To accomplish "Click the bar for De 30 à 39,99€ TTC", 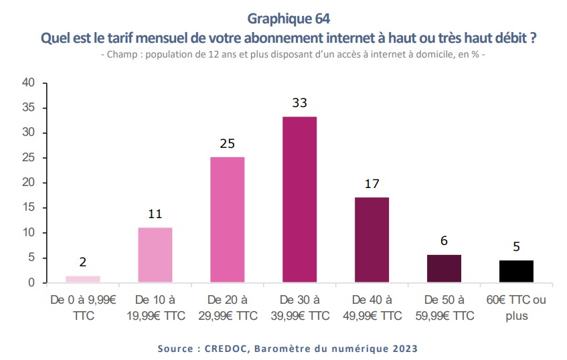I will click(299, 199).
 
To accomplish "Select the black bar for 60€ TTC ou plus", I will click(516, 271).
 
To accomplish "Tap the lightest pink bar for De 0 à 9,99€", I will click(83, 279).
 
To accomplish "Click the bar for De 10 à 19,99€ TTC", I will click(155, 255).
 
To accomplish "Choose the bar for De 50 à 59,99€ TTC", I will click(444, 268).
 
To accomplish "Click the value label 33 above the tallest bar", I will click(299, 103).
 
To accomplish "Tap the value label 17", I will click(372, 183).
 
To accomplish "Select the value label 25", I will click(227, 143).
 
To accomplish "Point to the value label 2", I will click(83, 262).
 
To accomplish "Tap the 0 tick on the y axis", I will click(31, 283).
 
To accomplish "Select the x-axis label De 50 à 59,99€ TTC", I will click(444, 307).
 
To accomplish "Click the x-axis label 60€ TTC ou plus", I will click(516, 307).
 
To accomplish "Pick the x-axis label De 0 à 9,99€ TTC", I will click(83, 307).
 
